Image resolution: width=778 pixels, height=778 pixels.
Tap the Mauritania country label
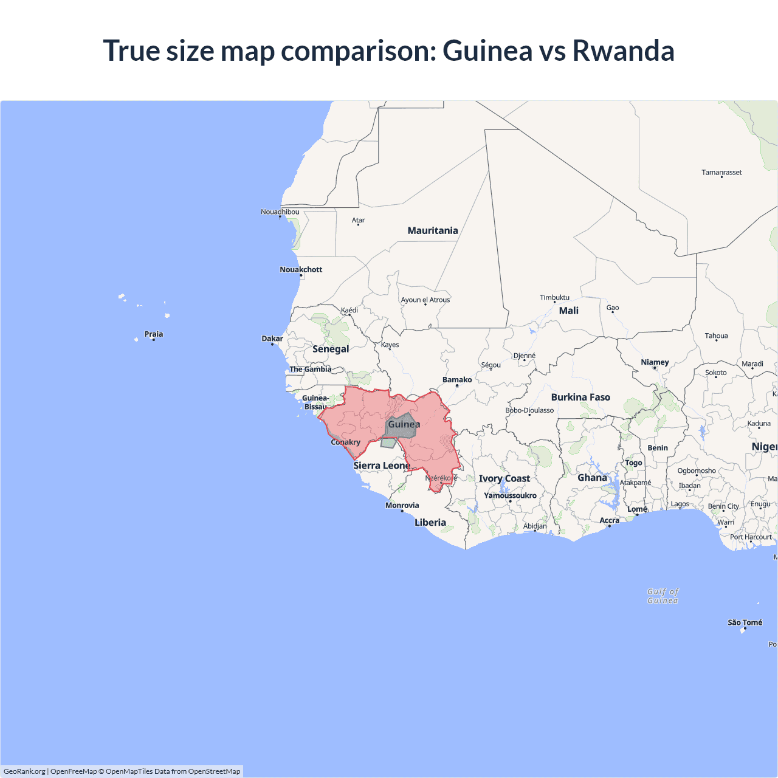[x=433, y=230]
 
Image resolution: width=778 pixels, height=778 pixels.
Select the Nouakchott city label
[x=301, y=269]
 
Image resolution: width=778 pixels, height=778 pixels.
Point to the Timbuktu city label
[x=554, y=297]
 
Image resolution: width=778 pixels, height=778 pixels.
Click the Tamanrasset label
[x=721, y=173]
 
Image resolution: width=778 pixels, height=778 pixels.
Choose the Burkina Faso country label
[x=580, y=397]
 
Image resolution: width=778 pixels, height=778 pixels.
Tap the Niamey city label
[x=655, y=362]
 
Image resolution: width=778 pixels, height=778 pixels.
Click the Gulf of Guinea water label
[x=663, y=596]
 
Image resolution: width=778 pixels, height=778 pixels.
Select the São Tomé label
[x=745, y=622]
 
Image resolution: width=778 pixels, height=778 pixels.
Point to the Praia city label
[x=153, y=334]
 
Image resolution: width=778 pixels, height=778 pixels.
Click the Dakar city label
[x=272, y=339]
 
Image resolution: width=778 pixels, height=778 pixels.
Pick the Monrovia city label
[x=402, y=505]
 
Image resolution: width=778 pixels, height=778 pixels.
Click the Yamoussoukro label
[x=510, y=495]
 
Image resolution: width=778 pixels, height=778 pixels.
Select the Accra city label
[x=609, y=520]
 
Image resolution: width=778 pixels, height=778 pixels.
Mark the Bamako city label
[x=457, y=380]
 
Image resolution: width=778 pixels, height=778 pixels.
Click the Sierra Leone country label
[x=382, y=466]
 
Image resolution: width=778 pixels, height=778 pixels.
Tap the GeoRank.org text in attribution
[x=24, y=771]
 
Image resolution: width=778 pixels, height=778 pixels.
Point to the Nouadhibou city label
[x=280, y=212]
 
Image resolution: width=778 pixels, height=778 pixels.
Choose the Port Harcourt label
[x=751, y=537]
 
